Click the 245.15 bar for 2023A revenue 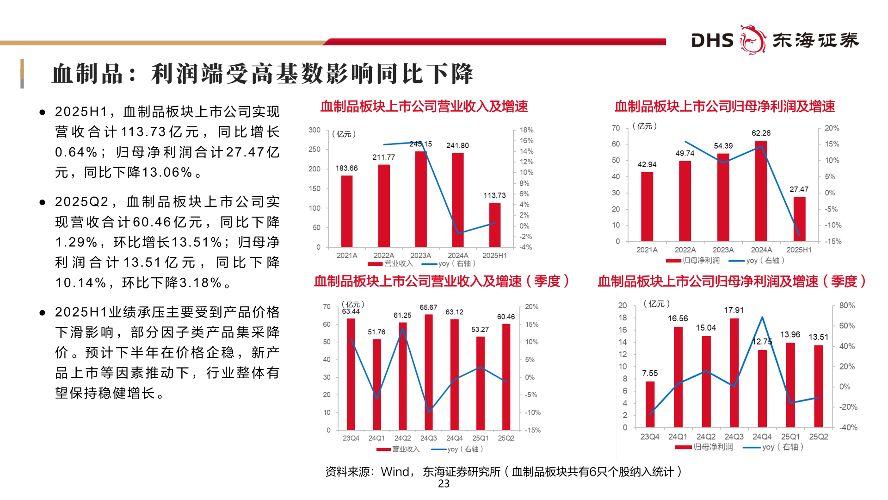pyautogui.click(x=421, y=199)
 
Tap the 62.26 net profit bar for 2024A pyautogui.click(x=761, y=191)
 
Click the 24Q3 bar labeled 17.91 pyautogui.click(x=734, y=373)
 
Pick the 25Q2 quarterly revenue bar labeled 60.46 pyautogui.click(x=506, y=377)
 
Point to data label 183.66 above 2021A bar pyautogui.click(x=346, y=168)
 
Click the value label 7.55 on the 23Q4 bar pyautogui.click(x=650, y=373)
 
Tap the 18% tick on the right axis pyautogui.click(x=526, y=130)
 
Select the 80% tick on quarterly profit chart pyautogui.click(x=847, y=306)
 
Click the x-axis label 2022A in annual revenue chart pyautogui.click(x=384, y=256)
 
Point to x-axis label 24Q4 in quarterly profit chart pyautogui.click(x=762, y=437)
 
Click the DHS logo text pyautogui.click(x=712, y=41)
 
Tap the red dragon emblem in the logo pyautogui.click(x=752, y=40)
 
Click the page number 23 pyautogui.click(x=444, y=484)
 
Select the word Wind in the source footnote pyautogui.click(x=395, y=472)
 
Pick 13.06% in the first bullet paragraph pyautogui.click(x=166, y=173)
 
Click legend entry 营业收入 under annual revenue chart pyautogui.click(x=391, y=263)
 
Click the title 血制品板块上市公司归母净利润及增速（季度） pyautogui.click(x=732, y=281)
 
